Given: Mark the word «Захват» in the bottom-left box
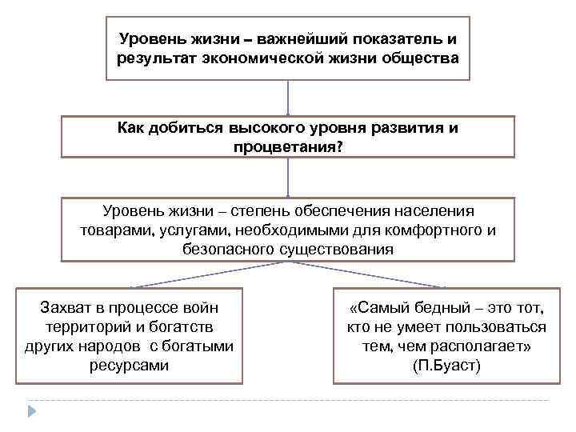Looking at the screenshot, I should tap(66, 307).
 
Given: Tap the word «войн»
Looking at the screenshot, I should tap(200, 307).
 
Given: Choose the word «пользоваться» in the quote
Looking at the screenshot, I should tap(496, 327).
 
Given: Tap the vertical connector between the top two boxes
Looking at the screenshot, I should tap(287, 98).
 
